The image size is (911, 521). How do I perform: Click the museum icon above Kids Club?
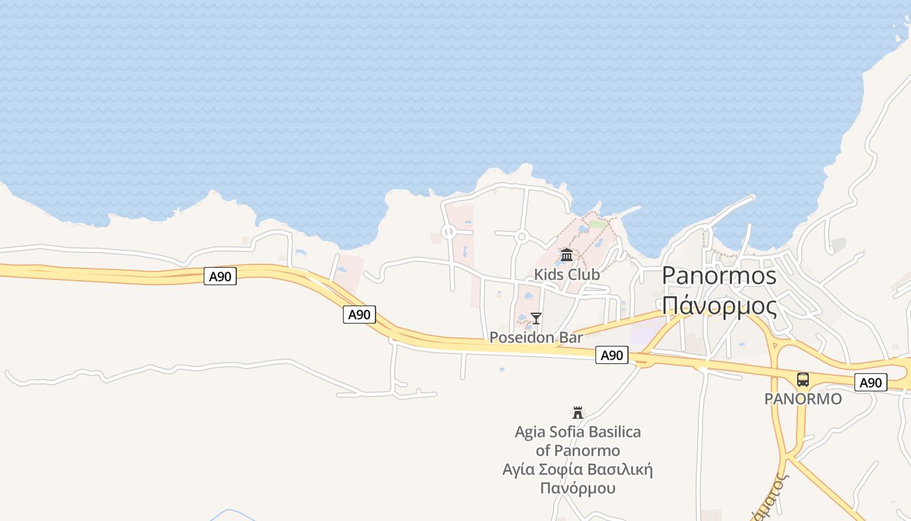coord(567,255)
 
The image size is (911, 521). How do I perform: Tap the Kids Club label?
coord(567,275)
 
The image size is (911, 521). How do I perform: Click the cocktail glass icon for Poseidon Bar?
coord(536,318)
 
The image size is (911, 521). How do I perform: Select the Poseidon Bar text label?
coord(536,337)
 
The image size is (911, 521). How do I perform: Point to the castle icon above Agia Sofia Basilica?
coord(577,412)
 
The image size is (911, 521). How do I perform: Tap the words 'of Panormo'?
coord(578,451)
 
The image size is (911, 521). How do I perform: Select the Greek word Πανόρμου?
coord(578,488)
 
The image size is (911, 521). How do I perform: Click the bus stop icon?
coord(803,380)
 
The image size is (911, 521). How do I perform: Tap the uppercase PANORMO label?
coord(803,399)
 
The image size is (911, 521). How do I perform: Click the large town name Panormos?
coord(719,275)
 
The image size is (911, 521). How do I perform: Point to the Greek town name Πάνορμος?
coord(719,305)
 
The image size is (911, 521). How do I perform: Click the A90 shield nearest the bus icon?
coord(871,382)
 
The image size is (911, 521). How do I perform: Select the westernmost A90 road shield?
coord(220,276)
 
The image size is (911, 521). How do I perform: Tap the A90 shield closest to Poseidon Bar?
coord(612,355)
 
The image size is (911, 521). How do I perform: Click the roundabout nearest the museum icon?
coord(521,237)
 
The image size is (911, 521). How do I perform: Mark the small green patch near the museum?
coord(597,223)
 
